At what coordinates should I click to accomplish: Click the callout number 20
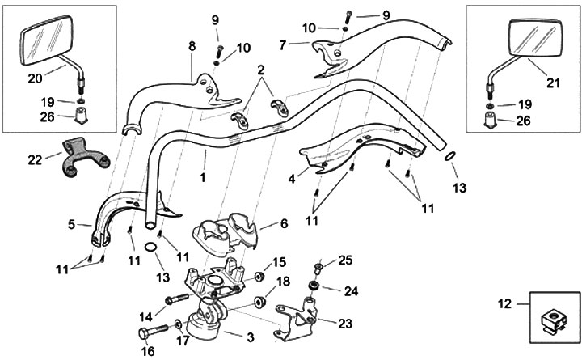point(34,78)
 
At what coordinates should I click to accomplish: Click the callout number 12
point(504,305)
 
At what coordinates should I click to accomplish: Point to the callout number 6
point(284,223)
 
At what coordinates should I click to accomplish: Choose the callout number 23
point(346,323)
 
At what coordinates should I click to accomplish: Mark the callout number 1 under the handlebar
point(203,176)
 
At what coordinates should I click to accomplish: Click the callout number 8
point(192,47)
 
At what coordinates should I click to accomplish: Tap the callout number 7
point(282,45)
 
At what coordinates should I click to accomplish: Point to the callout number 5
point(71,224)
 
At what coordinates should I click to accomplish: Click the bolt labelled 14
point(177,300)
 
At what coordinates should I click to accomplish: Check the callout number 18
point(283,282)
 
